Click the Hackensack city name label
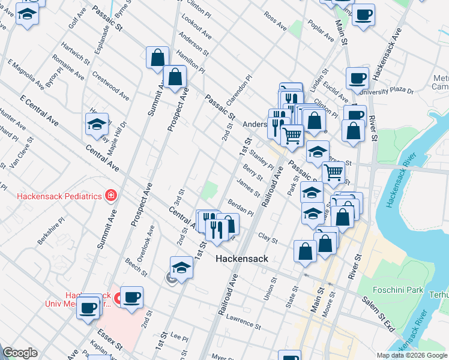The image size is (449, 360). pos(241,259)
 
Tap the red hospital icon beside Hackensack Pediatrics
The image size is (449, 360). pos(110,196)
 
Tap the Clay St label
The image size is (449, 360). pos(268,239)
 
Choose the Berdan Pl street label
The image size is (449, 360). pos(241,208)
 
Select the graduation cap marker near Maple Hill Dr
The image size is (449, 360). pos(97,125)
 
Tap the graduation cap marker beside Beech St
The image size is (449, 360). pos(181,268)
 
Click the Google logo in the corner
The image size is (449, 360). pos(20,353)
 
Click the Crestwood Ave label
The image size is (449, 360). pos(110,86)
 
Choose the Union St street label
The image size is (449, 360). pos(270,288)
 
